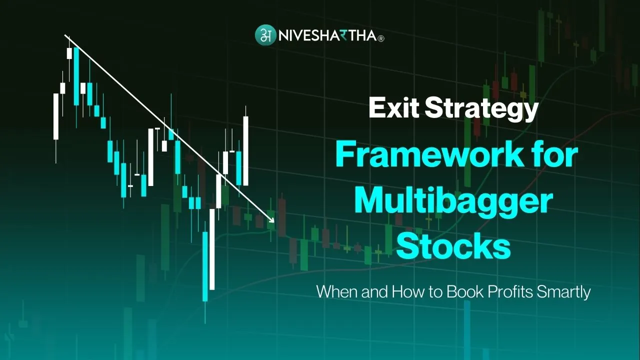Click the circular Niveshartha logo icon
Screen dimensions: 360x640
(265, 35)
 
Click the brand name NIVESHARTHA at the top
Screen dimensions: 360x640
(324, 36)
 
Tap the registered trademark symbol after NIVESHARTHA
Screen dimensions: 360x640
(381, 38)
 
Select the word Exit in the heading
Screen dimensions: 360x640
(393, 108)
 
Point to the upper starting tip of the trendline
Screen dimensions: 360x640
(66, 36)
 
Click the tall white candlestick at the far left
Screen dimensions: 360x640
(56, 116)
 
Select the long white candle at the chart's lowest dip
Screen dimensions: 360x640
(212, 248)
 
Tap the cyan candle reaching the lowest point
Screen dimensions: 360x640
(205, 266)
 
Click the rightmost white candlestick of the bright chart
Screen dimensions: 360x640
(245, 150)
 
